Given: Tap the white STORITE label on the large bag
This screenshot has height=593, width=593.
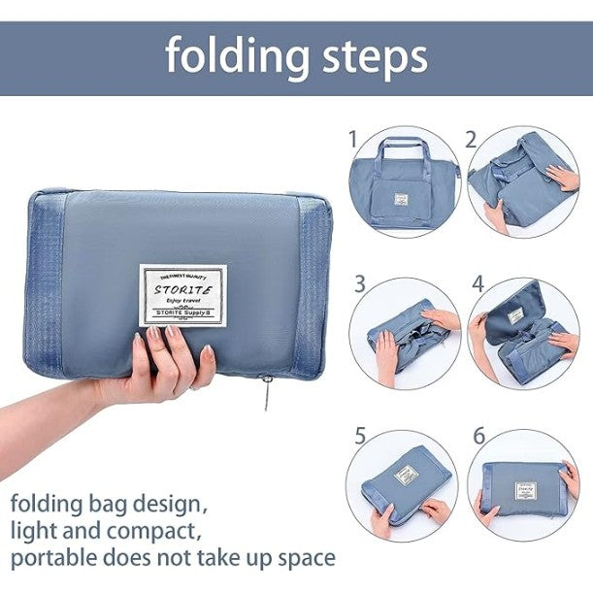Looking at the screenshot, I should click(182, 294).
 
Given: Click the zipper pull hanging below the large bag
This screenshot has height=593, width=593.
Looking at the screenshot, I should click(265, 395).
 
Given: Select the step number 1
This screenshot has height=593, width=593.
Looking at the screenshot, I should click(353, 139).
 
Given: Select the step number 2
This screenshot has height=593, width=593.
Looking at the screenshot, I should click(471, 139).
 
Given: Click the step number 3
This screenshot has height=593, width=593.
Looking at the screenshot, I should click(360, 284).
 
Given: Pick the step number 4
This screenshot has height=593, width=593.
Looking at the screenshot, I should click(478, 284).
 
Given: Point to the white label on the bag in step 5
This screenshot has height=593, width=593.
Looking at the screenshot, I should click(407, 477).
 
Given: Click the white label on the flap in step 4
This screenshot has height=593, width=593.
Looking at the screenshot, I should click(515, 315).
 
